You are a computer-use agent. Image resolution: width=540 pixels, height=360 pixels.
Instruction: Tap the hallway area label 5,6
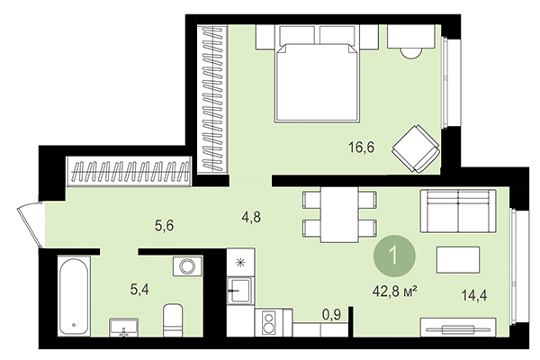(x=164, y=226)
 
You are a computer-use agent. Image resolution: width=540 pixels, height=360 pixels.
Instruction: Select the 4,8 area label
(x=251, y=216)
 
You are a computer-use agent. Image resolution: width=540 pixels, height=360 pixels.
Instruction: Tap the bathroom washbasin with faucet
(x=123, y=328)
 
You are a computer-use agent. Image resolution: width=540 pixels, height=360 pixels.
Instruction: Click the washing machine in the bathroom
(x=187, y=266)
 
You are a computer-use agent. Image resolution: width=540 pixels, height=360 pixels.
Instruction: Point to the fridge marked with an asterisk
(x=239, y=265)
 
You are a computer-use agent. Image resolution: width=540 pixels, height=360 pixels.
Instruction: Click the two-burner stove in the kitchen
(x=267, y=321)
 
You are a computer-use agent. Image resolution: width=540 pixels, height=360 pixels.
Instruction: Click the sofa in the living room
(x=458, y=213)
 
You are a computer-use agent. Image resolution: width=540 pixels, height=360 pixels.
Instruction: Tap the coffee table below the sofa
(x=459, y=259)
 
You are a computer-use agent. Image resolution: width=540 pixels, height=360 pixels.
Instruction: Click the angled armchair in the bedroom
(x=417, y=147)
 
